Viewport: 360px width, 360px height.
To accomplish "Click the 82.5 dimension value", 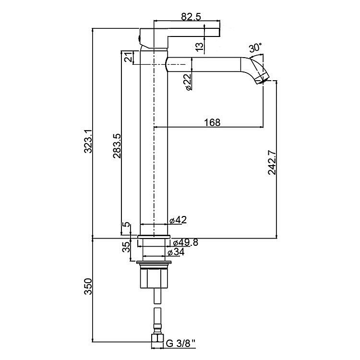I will pos(191,16).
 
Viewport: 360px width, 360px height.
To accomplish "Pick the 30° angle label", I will pos(255,48).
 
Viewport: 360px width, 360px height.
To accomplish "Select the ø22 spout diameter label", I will pos(188,81).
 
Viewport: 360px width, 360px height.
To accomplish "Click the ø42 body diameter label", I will pos(178,220).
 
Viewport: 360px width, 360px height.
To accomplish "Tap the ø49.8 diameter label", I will pos(185,242).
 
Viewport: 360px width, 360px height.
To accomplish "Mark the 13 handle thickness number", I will pos(200,46).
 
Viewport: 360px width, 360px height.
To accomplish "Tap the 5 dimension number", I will pos(126,225).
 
